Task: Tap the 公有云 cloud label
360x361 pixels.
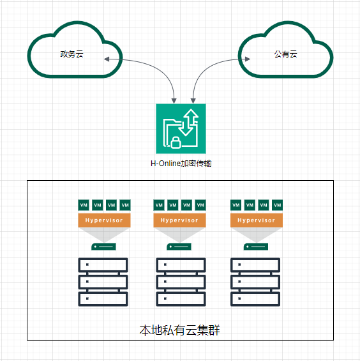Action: coord(285,54)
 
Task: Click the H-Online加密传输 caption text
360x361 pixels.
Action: coord(181,164)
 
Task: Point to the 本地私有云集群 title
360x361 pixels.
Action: coord(180,330)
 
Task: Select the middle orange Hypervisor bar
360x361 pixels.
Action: coord(179,220)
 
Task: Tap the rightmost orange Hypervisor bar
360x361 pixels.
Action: coord(256,220)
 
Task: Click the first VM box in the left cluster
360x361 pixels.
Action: coord(83,205)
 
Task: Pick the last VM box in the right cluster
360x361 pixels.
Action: coord(277,205)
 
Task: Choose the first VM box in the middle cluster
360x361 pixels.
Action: coord(159,205)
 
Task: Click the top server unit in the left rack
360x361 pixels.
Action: coord(103,265)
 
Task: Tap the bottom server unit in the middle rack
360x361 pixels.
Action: coord(181,298)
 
